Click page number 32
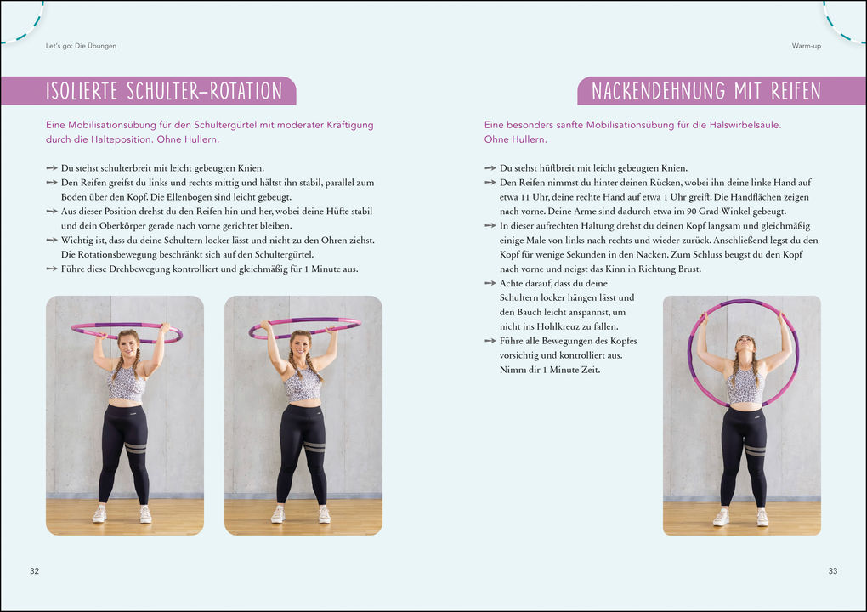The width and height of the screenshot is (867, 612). coord(34,571)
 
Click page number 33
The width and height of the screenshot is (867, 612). coord(833,571)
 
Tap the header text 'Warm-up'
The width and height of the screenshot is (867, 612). coord(806,46)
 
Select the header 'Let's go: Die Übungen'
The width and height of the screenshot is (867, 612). coord(81,46)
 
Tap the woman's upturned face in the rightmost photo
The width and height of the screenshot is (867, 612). coord(745,343)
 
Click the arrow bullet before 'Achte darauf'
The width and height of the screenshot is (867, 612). coord(490,283)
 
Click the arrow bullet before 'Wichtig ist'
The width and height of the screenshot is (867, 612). coord(52,240)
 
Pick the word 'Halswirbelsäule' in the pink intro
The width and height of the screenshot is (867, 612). coord(742,125)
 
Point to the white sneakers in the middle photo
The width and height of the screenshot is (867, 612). coord(301,514)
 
